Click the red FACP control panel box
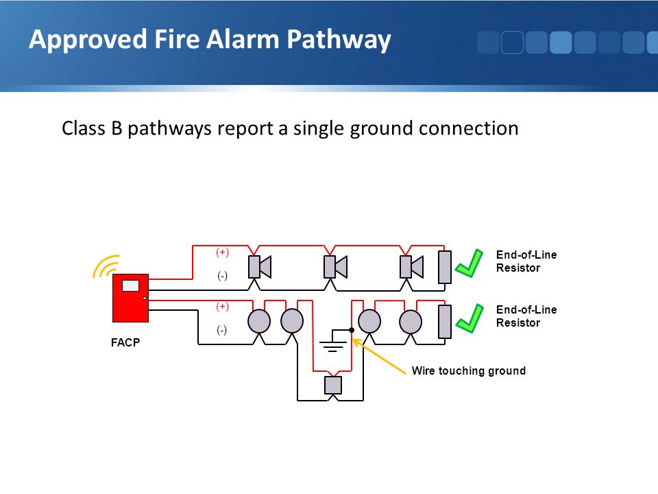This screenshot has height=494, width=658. [130, 298]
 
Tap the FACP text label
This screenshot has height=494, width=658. [125, 343]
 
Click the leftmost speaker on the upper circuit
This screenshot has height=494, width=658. [260, 267]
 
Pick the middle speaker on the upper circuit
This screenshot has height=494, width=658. [335, 267]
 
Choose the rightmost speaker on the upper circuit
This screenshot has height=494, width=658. [411, 267]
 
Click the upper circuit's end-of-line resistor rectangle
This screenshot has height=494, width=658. [445, 267]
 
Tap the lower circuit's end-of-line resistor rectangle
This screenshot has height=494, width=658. [445, 322]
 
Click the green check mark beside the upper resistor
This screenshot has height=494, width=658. [470, 263]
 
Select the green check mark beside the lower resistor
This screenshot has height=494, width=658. [470, 318]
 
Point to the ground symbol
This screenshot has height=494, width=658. [333, 341]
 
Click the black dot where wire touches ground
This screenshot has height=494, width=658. [352, 330]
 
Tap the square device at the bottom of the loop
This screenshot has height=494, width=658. [333, 385]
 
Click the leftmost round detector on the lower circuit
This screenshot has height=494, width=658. [259, 321]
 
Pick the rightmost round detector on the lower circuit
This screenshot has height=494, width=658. [411, 321]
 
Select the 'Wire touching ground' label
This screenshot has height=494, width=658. [469, 370]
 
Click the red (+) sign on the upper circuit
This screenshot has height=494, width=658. [222, 252]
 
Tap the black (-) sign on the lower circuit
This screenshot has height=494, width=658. [222, 330]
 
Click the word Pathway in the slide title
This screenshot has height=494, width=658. [339, 40]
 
